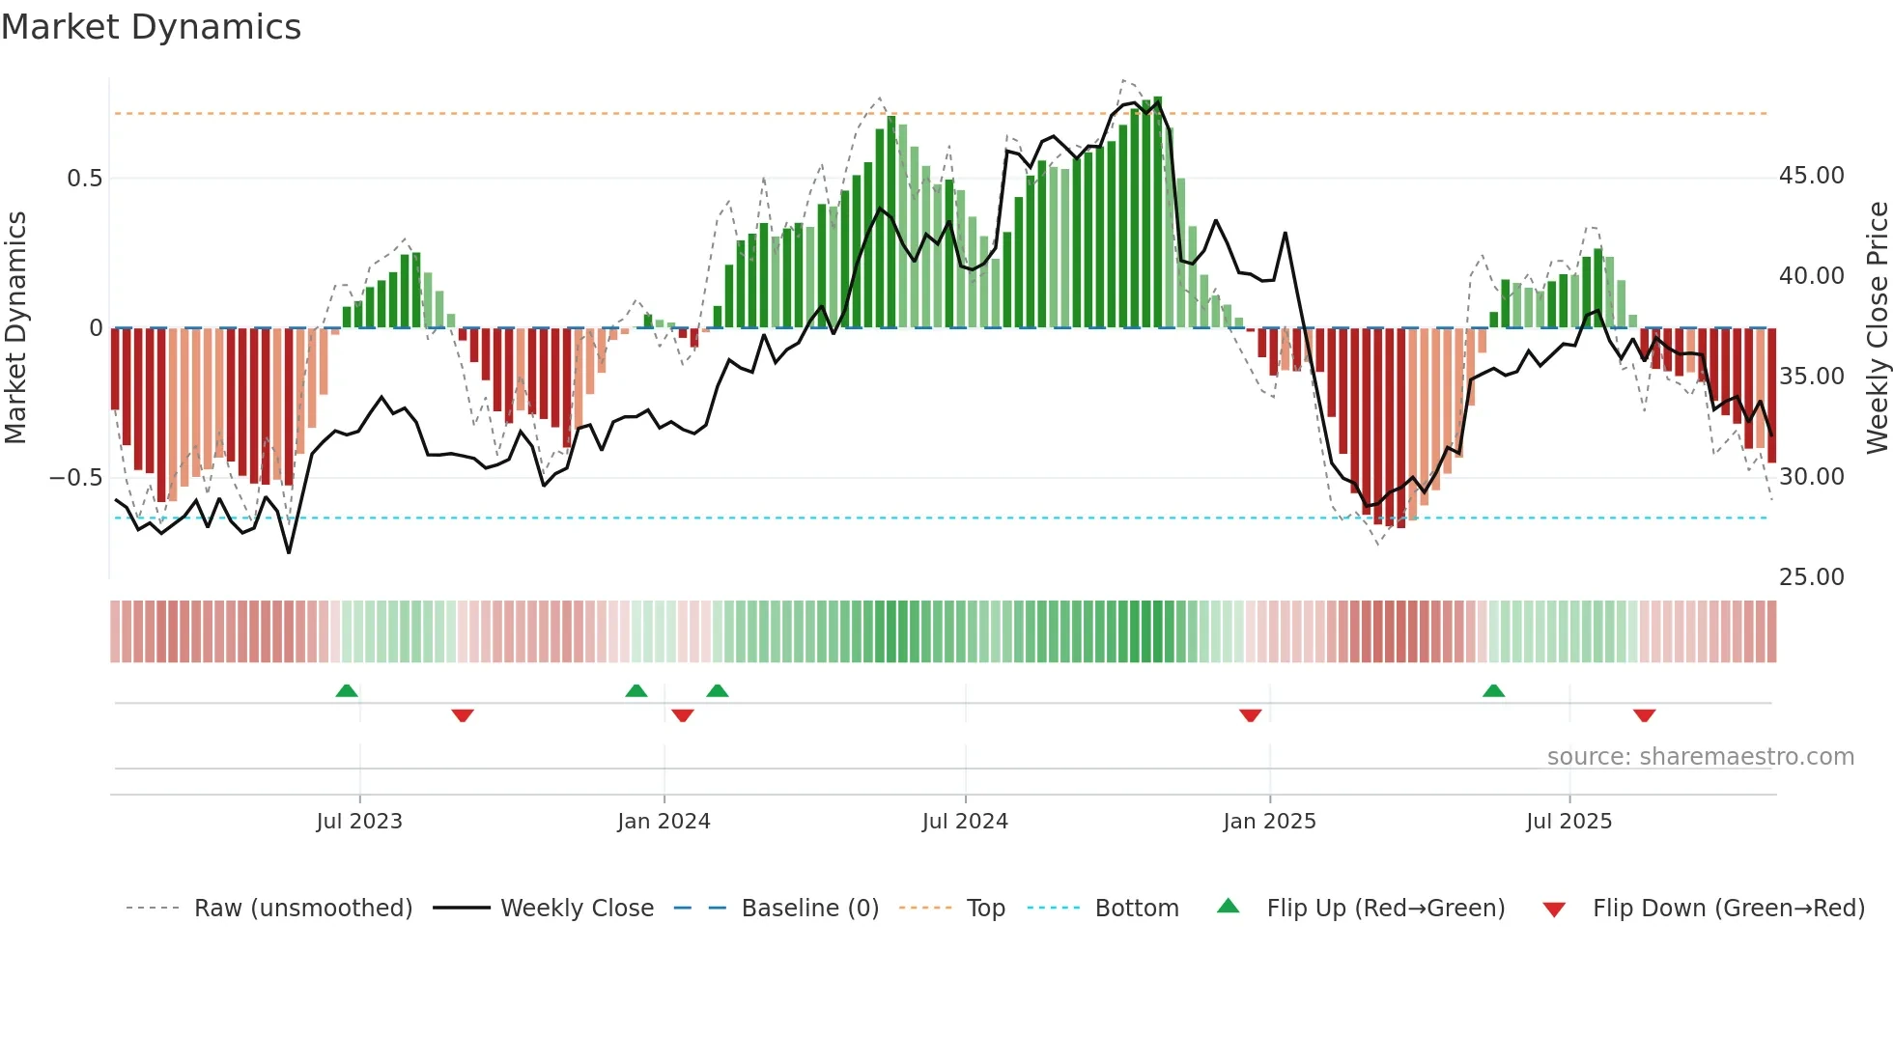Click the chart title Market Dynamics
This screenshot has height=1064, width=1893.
[152, 27]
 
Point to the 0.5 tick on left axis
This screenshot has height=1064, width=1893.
[84, 179]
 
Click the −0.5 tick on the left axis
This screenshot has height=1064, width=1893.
[76, 478]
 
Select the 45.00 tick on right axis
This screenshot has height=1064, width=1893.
[1811, 176]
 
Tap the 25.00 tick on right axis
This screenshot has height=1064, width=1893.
[1811, 577]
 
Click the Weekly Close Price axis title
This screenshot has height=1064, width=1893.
[1877, 328]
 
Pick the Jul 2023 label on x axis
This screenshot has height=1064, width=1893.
[359, 822]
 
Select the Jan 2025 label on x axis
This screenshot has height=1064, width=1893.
[1269, 822]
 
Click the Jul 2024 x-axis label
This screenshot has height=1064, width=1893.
[965, 822]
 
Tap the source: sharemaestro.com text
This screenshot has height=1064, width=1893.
[1700, 757]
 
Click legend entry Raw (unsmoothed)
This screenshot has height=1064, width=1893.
[302, 909]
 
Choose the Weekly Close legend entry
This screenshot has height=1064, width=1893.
[577, 909]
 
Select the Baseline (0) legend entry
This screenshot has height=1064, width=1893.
[809, 909]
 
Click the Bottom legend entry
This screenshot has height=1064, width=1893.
[1136, 909]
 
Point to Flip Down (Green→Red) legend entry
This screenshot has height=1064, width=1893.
[1728, 909]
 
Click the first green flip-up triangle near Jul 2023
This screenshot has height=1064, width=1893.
[347, 690]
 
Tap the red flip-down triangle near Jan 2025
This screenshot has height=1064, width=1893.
[1251, 715]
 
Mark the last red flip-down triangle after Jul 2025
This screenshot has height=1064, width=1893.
[1645, 715]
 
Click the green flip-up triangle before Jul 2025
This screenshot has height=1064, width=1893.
[1493, 690]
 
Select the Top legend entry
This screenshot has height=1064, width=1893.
[985, 909]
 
